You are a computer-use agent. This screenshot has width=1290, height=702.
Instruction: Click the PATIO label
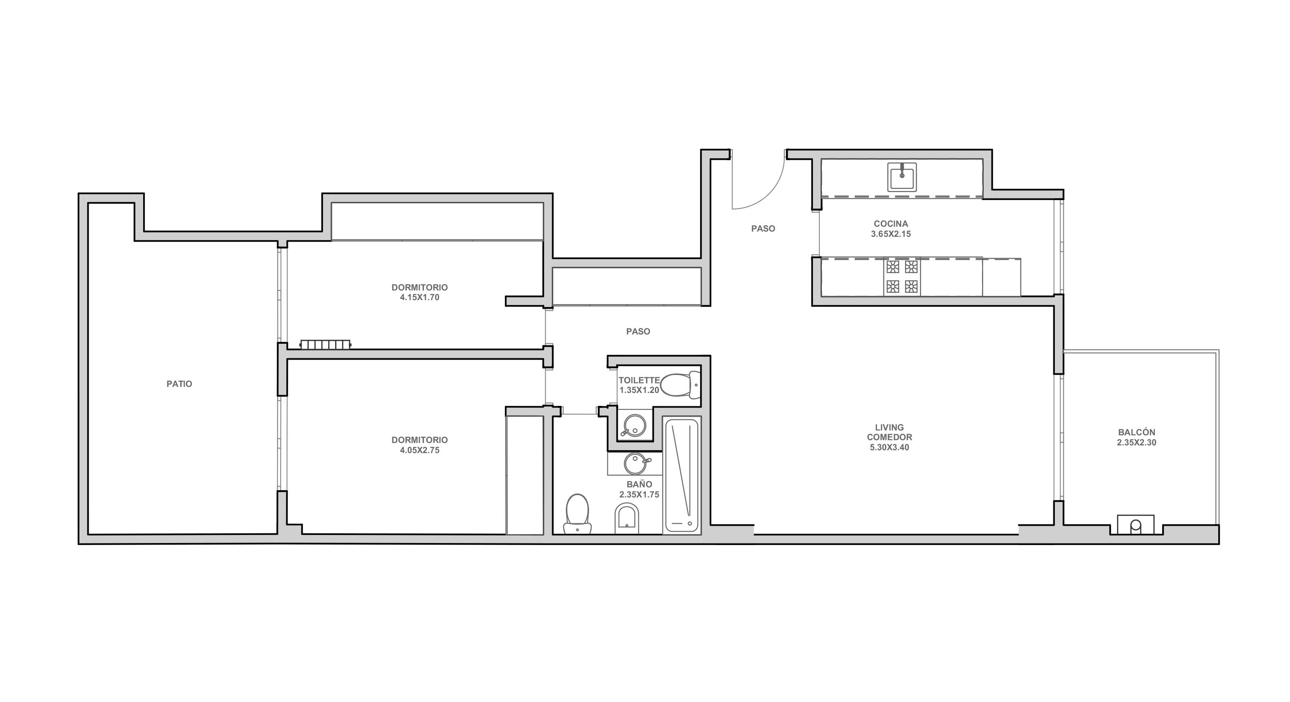point(179,384)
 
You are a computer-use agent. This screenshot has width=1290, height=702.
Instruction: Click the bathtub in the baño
point(682,474)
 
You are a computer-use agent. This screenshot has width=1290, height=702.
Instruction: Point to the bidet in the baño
point(627,518)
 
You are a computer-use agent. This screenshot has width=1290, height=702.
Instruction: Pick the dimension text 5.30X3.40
point(890,447)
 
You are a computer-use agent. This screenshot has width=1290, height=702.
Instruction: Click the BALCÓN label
point(1136,432)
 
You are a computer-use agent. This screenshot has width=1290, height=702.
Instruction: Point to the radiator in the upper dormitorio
point(325,344)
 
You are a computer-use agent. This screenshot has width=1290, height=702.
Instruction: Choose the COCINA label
point(891,224)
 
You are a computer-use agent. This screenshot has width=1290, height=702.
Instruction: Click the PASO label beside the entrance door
point(763,228)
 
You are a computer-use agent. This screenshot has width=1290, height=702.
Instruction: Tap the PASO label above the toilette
point(638,331)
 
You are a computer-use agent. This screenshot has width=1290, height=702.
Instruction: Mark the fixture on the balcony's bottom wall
point(1136,524)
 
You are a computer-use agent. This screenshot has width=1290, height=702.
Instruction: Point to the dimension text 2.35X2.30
point(1136,443)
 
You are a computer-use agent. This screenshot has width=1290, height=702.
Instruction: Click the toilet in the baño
point(577,514)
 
